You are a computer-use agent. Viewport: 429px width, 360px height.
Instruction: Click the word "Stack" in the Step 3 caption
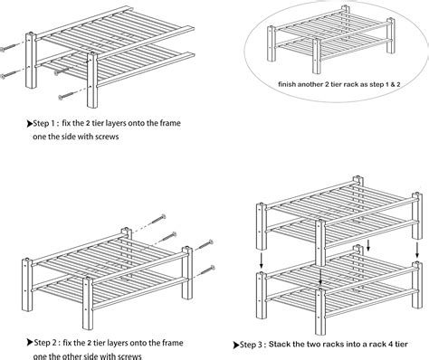pyautogui.click(x=280, y=345)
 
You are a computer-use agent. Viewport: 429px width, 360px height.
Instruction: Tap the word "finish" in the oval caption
pyautogui.click(x=287, y=84)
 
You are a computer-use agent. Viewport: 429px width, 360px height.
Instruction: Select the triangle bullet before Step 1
pyautogui.click(x=29, y=123)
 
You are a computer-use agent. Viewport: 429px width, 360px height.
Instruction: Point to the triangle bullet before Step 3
pyautogui.click(x=236, y=345)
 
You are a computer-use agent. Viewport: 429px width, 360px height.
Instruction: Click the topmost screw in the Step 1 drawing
pyautogui.click(x=9, y=47)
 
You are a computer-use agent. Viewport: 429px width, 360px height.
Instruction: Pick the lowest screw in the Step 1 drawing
pyautogui.click(x=68, y=96)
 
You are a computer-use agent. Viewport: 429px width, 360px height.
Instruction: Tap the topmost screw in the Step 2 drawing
pyautogui.click(x=157, y=220)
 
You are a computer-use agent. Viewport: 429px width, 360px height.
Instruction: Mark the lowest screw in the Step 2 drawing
pyautogui.click(x=205, y=270)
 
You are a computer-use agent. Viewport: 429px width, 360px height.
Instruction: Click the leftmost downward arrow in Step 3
pyautogui.click(x=262, y=261)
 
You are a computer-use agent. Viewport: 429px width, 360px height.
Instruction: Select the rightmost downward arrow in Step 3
pyautogui.click(x=417, y=250)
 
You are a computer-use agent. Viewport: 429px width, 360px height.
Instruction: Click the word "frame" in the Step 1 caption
pyautogui.click(x=170, y=123)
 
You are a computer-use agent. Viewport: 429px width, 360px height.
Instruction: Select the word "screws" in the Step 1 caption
pyautogui.click(x=107, y=137)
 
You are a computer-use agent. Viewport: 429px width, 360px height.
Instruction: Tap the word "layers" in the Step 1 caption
pyautogui.click(x=116, y=124)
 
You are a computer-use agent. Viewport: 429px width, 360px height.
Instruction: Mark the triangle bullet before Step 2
pyautogui.click(x=30, y=343)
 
